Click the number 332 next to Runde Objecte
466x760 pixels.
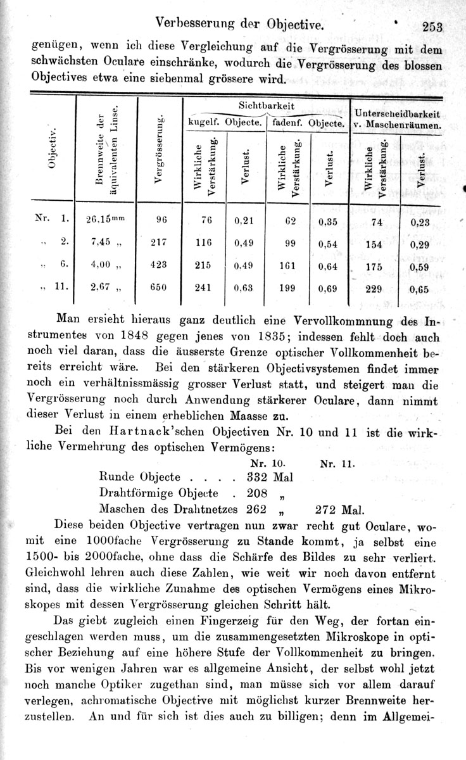click(x=257, y=476)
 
